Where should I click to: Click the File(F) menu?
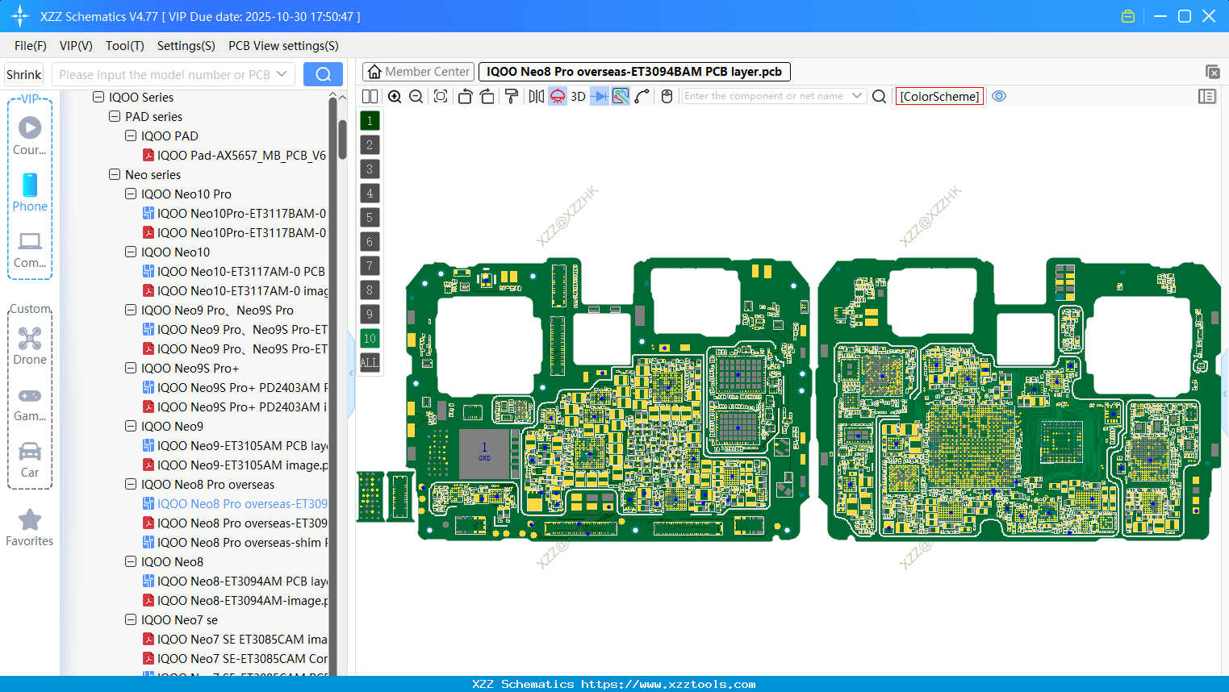coord(30,46)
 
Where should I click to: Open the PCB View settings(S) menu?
coord(283,46)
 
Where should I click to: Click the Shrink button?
coord(23,75)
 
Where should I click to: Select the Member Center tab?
coord(418,72)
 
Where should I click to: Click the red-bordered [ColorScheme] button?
coord(939,97)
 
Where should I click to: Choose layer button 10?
coord(370,339)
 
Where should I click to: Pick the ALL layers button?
coord(370,363)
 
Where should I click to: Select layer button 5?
coord(370,218)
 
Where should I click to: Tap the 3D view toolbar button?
coord(578,97)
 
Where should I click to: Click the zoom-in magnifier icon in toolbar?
coord(395,97)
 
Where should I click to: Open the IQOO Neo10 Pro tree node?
coord(186,194)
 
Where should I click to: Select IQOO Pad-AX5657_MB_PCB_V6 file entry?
coord(240,156)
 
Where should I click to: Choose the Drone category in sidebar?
coord(30,346)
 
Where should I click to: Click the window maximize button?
coord(1184,16)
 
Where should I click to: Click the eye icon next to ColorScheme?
coord(999,97)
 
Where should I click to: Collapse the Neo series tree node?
coord(115,175)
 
